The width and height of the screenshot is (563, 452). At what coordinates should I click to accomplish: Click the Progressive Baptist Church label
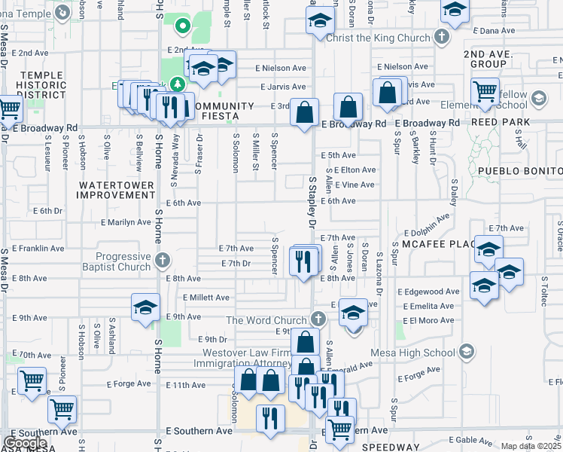tap(114, 261)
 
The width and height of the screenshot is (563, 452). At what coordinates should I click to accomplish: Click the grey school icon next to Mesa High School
tap(467, 352)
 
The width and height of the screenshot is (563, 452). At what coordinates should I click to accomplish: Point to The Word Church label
tap(267, 319)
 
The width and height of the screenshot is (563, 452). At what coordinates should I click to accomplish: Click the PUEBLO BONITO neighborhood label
tap(520, 171)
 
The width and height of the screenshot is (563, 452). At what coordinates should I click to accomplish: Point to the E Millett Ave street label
tap(205, 298)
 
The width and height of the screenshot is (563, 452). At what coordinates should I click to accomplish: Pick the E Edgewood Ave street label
tap(431, 292)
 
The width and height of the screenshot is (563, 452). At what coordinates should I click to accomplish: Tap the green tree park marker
tap(178, 84)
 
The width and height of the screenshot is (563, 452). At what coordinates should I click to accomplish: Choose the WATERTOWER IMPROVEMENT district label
tap(116, 190)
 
